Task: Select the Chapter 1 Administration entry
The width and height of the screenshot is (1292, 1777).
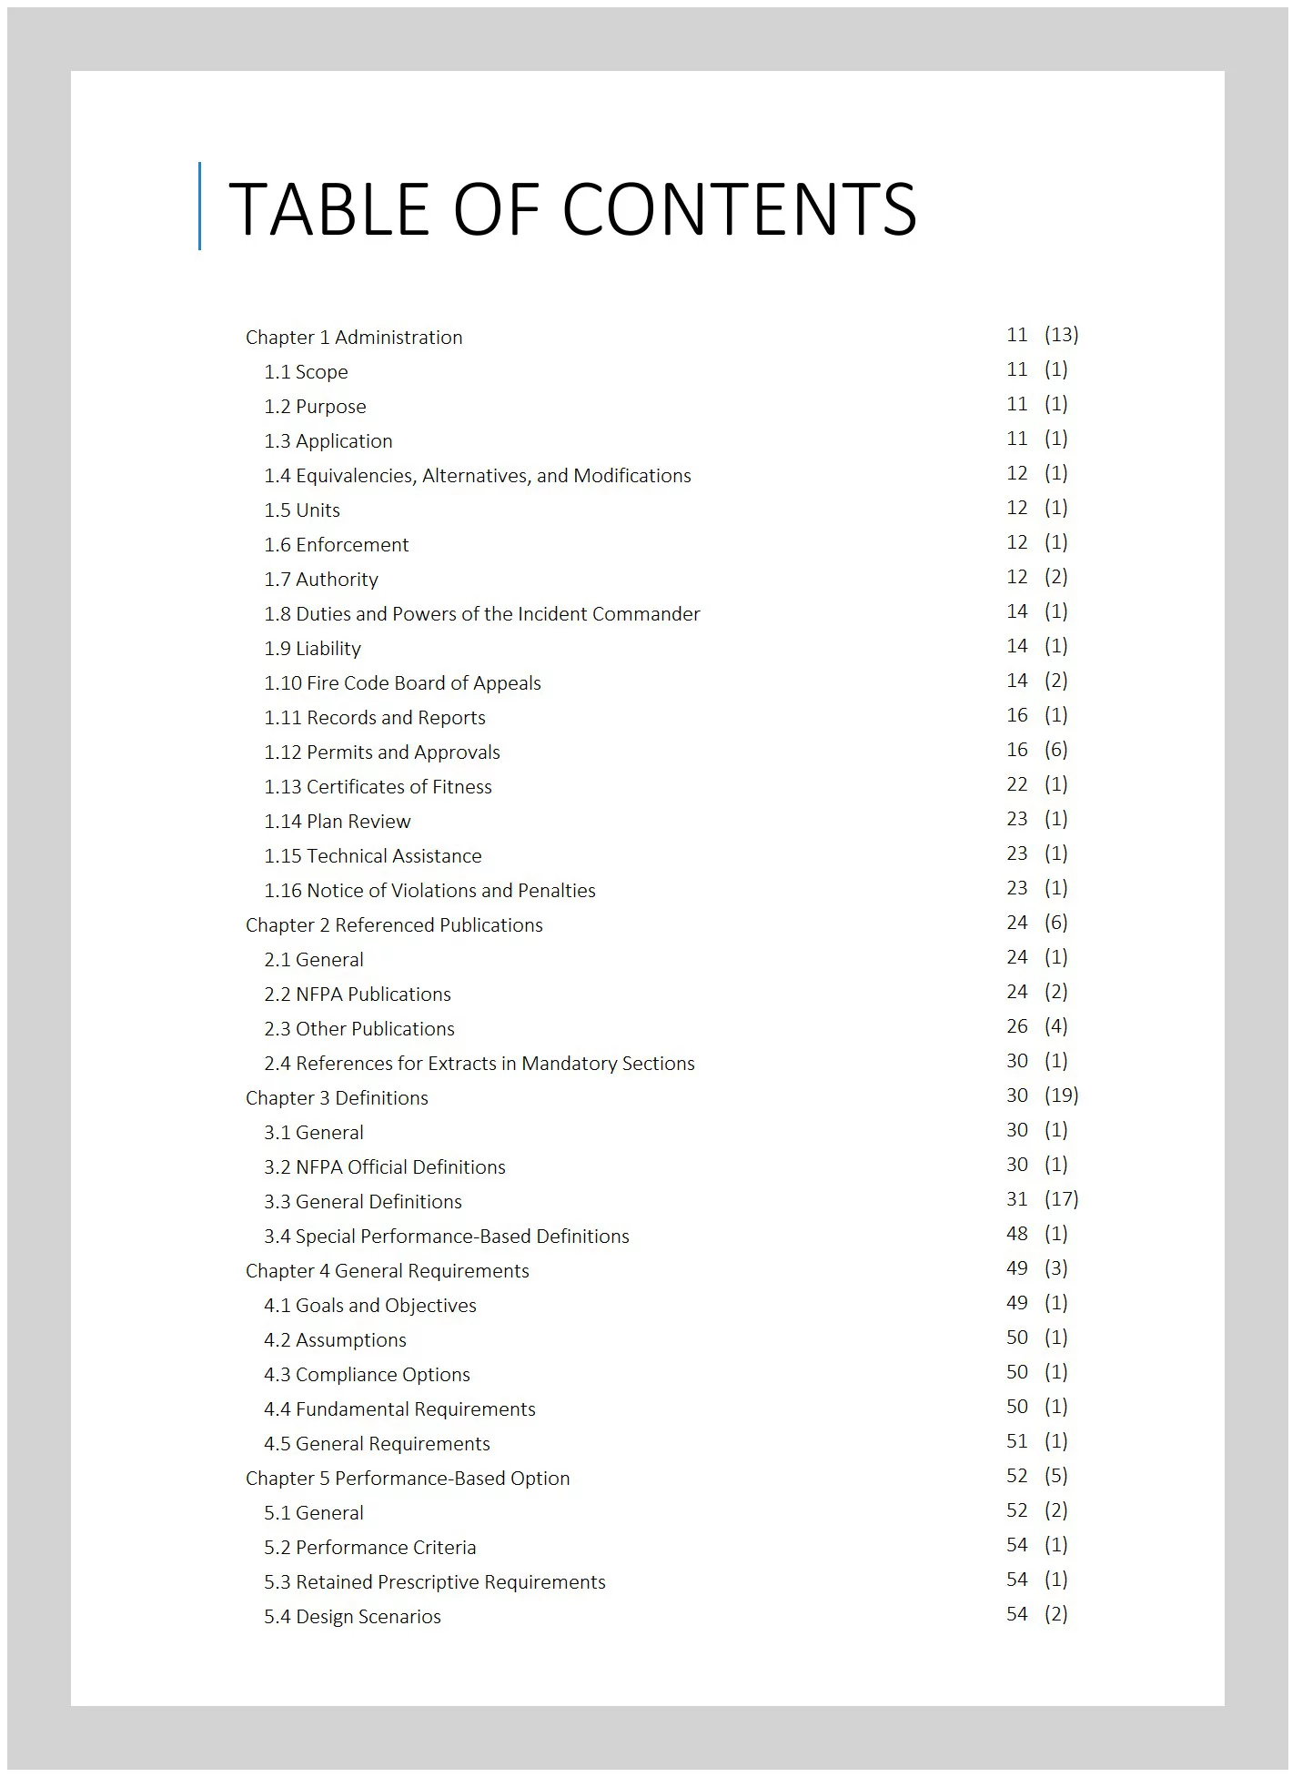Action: [354, 338]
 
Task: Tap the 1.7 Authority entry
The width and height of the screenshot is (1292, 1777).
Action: [321, 580]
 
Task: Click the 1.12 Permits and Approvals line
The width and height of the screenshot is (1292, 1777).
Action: [382, 752]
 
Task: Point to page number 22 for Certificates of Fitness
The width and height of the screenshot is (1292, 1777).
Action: [1016, 784]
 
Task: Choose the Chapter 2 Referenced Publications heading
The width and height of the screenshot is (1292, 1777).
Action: [394, 925]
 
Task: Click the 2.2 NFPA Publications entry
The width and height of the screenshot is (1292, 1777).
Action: [358, 995]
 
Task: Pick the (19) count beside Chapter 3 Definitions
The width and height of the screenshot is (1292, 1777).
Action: [1061, 1095]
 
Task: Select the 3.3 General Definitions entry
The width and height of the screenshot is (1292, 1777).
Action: [363, 1202]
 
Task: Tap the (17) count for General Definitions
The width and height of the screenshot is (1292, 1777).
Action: [1061, 1199]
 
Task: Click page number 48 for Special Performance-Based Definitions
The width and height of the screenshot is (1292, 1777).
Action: [1016, 1234]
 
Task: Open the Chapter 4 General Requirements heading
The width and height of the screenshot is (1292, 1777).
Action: [388, 1271]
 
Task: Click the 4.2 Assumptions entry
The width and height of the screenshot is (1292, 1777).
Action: [335, 1340]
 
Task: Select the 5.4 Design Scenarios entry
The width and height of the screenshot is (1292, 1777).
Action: [352, 1617]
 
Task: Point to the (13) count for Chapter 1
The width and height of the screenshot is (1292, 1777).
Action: [1061, 335]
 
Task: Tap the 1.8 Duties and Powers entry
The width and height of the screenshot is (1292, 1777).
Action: [482, 614]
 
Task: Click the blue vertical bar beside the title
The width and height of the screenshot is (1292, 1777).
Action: [200, 206]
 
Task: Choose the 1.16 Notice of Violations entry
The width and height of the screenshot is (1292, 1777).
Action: [429, 891]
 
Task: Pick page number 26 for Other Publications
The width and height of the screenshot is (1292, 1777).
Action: [1016, 1026]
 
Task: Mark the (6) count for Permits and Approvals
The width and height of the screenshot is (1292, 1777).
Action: [1055, 750]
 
